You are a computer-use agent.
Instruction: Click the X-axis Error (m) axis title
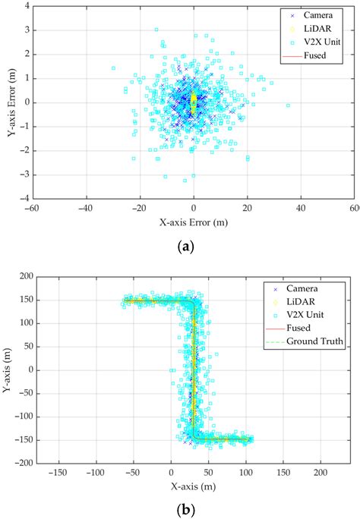tap(194, 225)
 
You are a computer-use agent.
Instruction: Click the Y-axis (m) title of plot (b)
tap(10, 370)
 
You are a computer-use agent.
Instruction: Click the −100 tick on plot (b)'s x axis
tap(95, 472)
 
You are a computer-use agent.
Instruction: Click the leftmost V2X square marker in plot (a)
tap(113, 68)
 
